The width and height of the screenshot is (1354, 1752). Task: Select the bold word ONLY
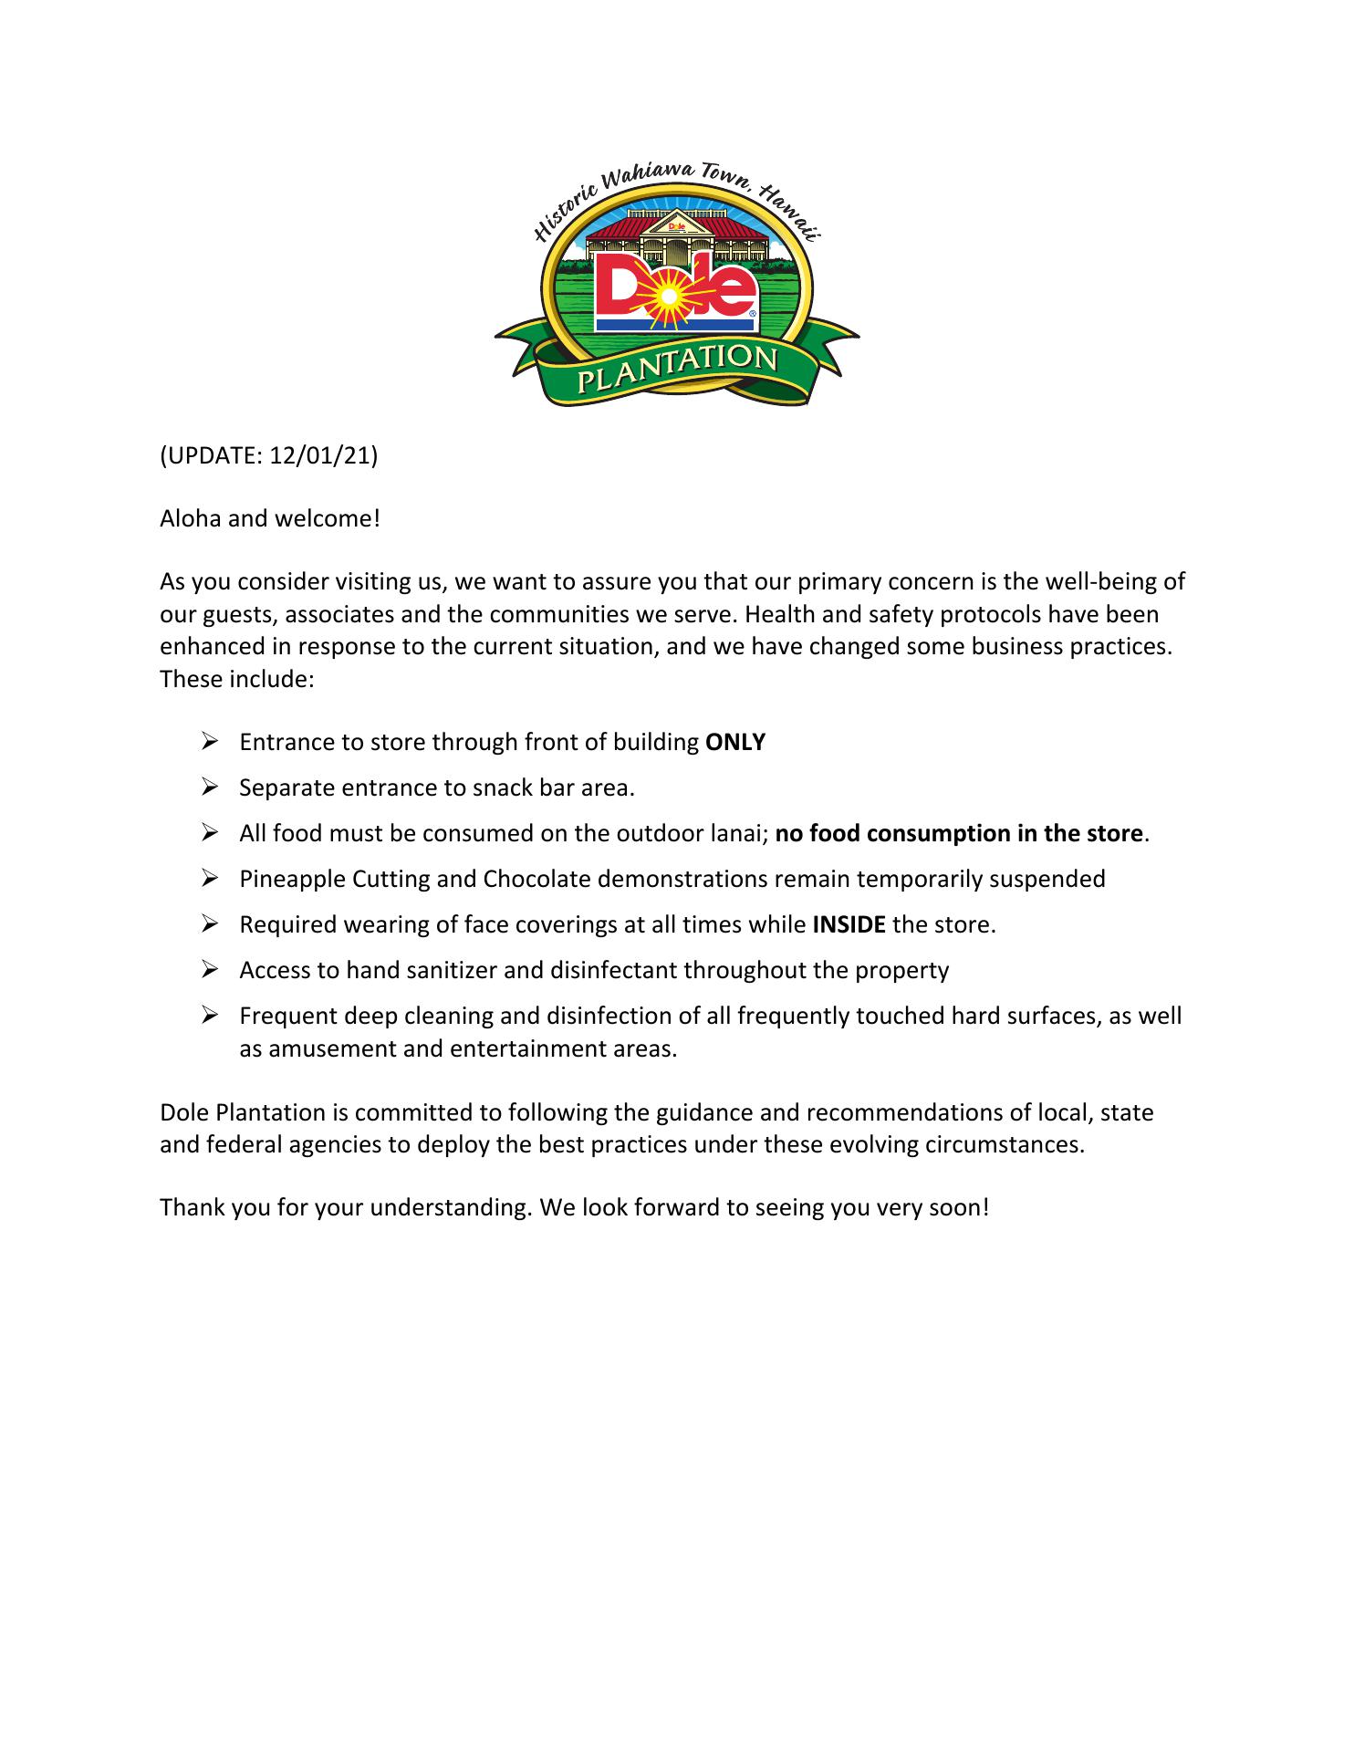[735, 742]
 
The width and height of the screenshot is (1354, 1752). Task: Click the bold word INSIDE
[849, 924]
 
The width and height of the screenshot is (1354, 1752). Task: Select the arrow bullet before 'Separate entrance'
[209, 787]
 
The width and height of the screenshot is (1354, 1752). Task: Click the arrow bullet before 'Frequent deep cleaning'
[209, 1015]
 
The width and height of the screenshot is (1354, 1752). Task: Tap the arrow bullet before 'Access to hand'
[209, 969]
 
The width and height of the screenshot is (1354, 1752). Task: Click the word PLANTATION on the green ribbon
[676, 366]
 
